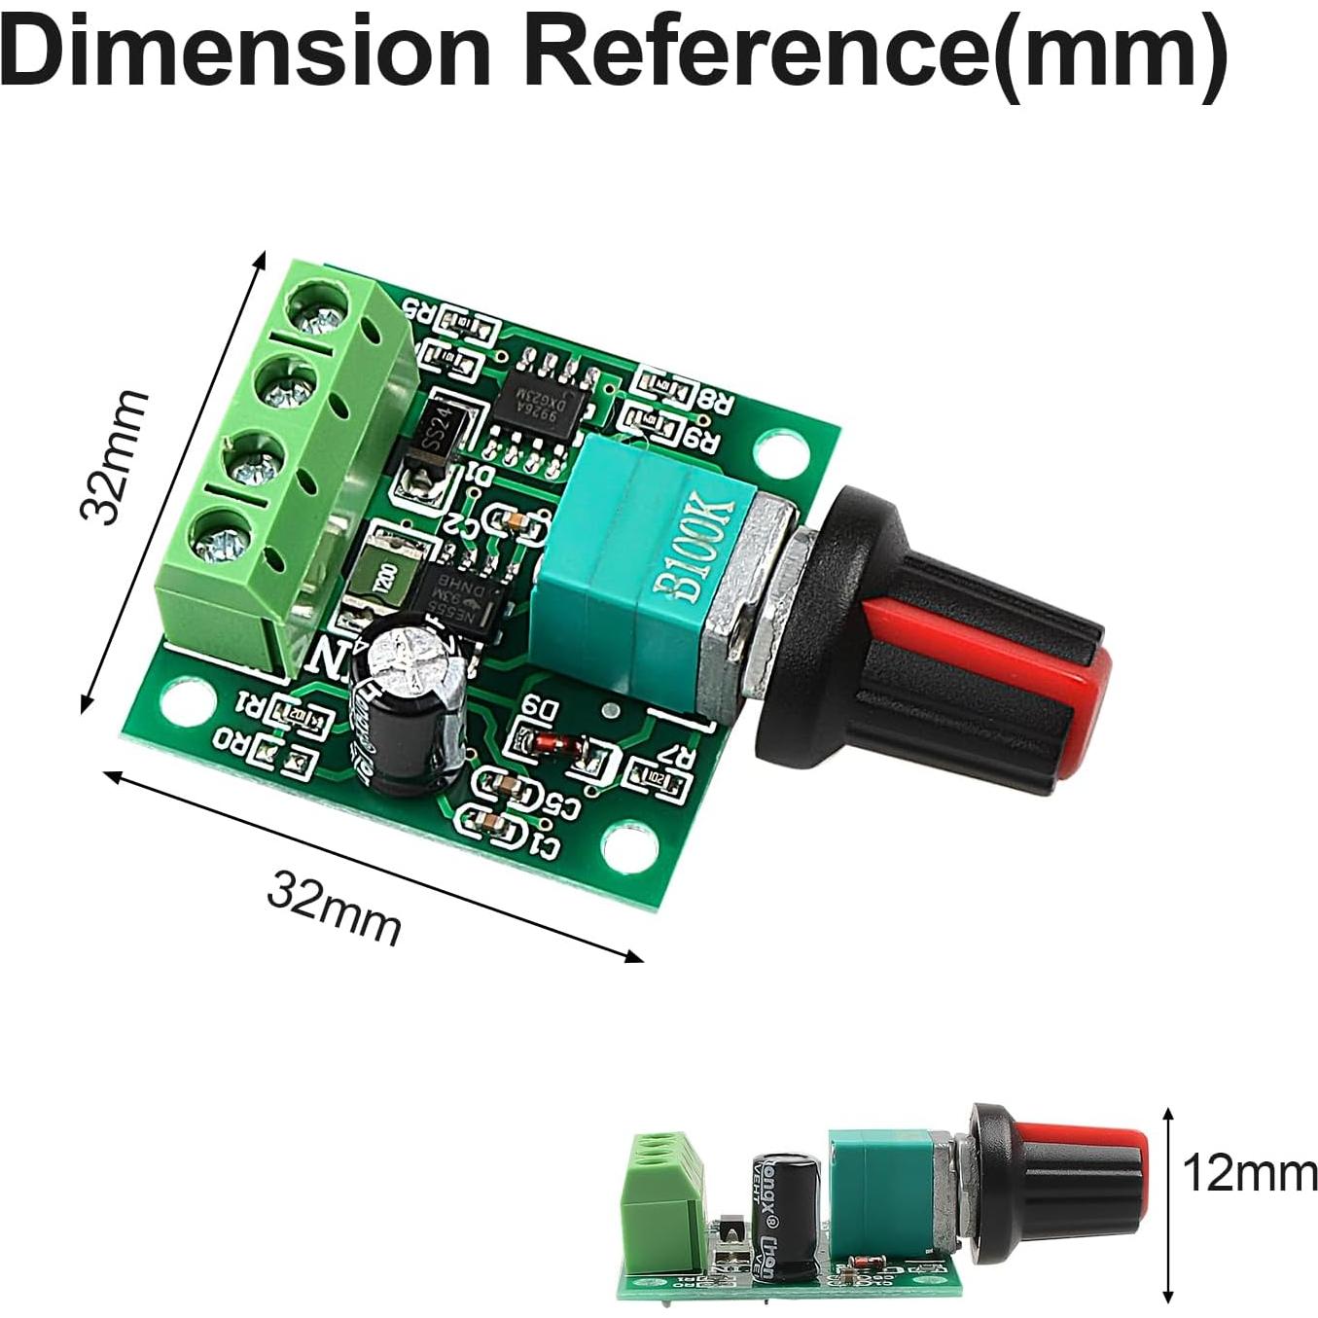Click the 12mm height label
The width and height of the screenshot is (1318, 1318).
(x=1249, y=1173)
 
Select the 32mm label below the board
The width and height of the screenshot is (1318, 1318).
(x=334, y=907)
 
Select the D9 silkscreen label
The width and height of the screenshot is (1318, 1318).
(x=541, y=709)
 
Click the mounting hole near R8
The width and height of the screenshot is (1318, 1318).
(x=781, y=450)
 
